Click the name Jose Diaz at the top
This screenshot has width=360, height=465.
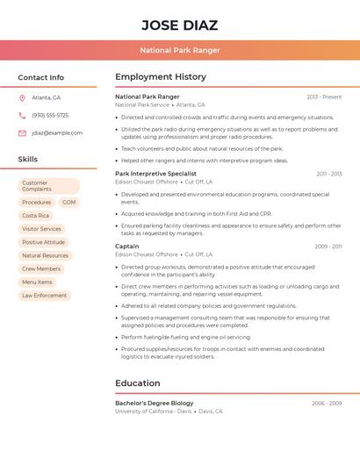pyautogui.click(x=179, y=25)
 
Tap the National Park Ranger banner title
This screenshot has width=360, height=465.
pyautogui.click(x=179, y=50)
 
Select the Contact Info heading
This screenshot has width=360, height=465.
pyautogui.click(x=41, y=77)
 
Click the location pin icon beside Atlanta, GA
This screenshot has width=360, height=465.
pyautogui.click(x=22, y=98)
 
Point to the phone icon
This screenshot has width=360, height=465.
pyautogui.click(x=22, y=116)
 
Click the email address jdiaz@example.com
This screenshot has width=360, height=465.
pyautogui.click(x=57, y=133)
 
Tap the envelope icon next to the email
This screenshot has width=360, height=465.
pyautogui.click(x=22, y=133)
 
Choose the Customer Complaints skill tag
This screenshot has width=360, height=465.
pyautogui.click(x=48, y=186)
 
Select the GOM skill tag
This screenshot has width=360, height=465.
pyautogui.click(x=69, y=203)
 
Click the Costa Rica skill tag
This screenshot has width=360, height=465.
pyautogui.click(x=36, y=216)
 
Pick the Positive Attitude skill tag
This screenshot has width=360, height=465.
pyautogui.click(x=44, y=242)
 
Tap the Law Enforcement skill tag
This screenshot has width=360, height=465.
pyautogui.click(x=45, y=296)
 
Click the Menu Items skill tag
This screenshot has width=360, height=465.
pyautogui.click(x=37, y=283)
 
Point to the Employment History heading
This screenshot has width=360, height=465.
pyautogui.click(x=161, y=77)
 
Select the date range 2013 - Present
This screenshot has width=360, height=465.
pyautogui.click(x=324, y=97)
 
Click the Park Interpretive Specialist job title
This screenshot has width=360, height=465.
pyautogui.click(x=156, y=174)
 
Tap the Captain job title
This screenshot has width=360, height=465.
pyautogui.click(x=127, y=247)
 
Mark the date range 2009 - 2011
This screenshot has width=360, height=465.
pyautogui.click(x=328, y=247)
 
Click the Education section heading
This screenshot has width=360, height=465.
pyautogui.click(x=138, y=383)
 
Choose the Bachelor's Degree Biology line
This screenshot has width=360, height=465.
pyautogui.click(x=155, y=404)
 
